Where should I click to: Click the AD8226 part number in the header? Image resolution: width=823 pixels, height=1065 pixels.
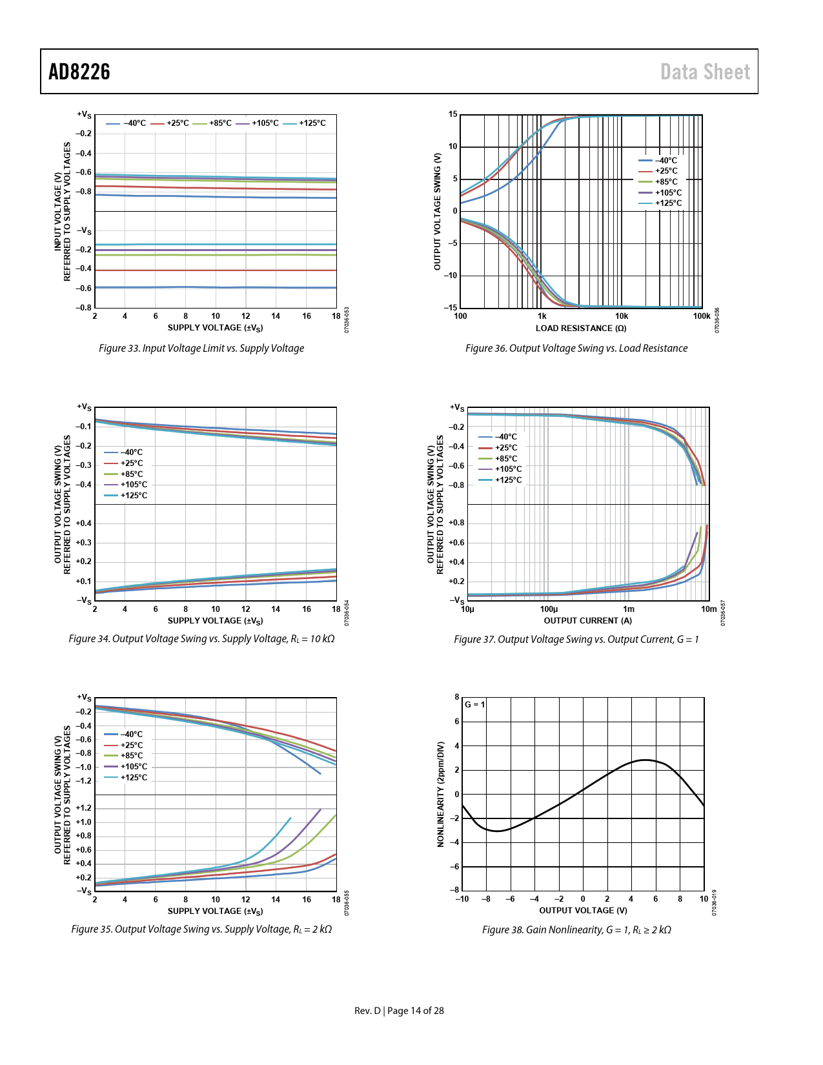click(x=79, y=72)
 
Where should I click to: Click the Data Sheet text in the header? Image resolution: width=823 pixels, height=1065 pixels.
click(x=705, y=72)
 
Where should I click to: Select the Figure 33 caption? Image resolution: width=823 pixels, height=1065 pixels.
click(x=201, y=349)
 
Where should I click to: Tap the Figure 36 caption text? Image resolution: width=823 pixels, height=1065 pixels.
click(x=576, y=349)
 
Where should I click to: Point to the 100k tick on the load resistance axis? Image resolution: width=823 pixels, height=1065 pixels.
click(x=701, y=316)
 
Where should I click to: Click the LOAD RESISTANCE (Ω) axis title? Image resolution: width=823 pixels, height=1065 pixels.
click(x=581, y=329)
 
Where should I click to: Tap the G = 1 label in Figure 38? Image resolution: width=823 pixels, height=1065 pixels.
click(x=475, y=705)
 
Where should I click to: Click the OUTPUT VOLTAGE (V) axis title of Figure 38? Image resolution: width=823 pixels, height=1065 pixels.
click(x=583, y=911)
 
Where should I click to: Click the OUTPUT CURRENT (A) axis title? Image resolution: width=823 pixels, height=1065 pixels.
click(x=587, y=621)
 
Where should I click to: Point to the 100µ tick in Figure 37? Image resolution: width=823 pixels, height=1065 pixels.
click(x=549, y=609)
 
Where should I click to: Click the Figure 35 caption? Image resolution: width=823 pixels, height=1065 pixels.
click(x=201, y=929)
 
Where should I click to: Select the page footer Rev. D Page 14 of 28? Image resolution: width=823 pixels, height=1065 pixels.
click(x=399, y=1011)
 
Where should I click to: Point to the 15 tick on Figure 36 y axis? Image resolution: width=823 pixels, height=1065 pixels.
click(x=453, y=115)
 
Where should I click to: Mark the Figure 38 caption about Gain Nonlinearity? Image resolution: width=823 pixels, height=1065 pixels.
click(x=576, y=930)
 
